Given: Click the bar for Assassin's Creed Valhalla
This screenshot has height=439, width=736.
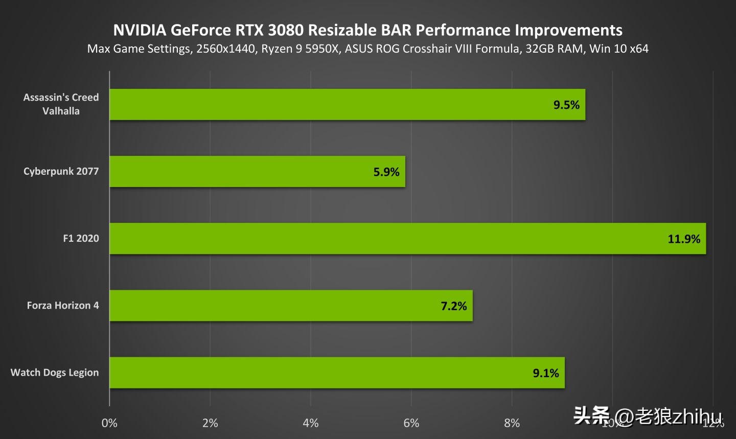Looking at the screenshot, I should tap(348, 105).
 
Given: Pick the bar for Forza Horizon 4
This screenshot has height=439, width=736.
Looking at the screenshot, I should tap(291, 306).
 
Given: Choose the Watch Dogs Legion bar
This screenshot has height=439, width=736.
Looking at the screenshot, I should tap(337, 373).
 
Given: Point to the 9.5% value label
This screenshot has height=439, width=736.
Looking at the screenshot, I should tap(566, 105).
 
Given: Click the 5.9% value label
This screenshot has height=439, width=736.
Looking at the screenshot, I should tap(386, 172).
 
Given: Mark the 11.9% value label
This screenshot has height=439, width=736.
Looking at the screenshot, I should tap(684, 239).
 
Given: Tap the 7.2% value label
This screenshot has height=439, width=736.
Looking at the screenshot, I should tap(454, 306).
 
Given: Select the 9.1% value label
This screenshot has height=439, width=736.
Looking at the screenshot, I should tap(546, 373).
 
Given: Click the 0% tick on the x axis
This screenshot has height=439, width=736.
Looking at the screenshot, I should tap(109, 423).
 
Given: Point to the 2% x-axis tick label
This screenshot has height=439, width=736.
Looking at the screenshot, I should tap(210, 423).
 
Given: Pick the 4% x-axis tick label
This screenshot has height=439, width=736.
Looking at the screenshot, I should tap(311, 423).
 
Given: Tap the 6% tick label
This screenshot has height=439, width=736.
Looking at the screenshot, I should tap(411, 423).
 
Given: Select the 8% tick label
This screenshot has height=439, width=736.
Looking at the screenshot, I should tap(512, 423).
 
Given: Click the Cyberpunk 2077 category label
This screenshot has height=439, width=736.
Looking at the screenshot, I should tap(61, 171).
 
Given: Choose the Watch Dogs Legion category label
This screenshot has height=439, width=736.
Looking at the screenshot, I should tap(55, 373).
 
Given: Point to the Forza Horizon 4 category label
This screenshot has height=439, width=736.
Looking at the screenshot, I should tap(63, 306).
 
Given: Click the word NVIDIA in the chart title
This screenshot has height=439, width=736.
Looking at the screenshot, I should tap(140, 30).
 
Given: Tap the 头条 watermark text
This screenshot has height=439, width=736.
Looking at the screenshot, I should tap(591, 416).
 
